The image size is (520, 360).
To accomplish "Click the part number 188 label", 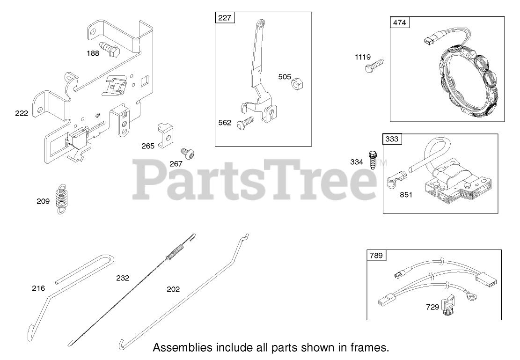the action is pos(93,53).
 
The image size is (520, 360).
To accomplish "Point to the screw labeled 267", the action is pos(188,154).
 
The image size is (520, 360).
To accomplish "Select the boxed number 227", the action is pos(225,18).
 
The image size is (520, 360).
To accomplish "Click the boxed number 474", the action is pos(400,23).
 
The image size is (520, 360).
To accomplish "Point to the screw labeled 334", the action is pos(373,159).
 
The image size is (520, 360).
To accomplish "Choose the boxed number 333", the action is pos(393,139).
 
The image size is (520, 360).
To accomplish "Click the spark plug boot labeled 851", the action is pos(394,179).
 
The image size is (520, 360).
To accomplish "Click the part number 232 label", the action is pos(123,278).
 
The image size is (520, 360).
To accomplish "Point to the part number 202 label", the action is pos(173,289).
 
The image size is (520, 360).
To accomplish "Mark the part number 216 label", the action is pos(38,288).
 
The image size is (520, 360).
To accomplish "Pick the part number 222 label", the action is pos(22,113).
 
